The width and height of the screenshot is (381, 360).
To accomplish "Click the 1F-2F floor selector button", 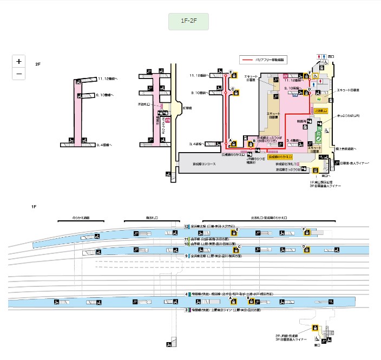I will tap(188, 22).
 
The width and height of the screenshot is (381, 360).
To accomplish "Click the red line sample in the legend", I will tap(249, 59).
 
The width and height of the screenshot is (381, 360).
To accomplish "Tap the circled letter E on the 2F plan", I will tap(231, 73).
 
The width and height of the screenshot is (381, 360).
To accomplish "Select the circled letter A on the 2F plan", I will tap(231, 140).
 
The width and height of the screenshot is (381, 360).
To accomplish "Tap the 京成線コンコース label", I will tap(205, 163).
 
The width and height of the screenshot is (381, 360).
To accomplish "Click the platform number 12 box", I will tap(187, 227).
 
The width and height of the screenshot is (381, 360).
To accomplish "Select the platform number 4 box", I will tap(187, 293).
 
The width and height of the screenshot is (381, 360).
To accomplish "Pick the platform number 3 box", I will tap(187, 310).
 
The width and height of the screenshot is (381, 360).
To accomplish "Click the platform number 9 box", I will tap(187, 256).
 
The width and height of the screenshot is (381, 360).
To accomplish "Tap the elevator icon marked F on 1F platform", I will tap(307, 232).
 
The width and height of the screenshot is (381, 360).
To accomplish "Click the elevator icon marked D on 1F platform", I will tap(306, 250).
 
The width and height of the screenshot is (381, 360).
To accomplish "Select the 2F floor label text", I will tap(37, 64).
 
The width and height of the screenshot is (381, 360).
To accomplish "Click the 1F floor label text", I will tap(34, 207).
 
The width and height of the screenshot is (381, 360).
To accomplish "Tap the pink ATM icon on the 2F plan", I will tap(168, 121).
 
